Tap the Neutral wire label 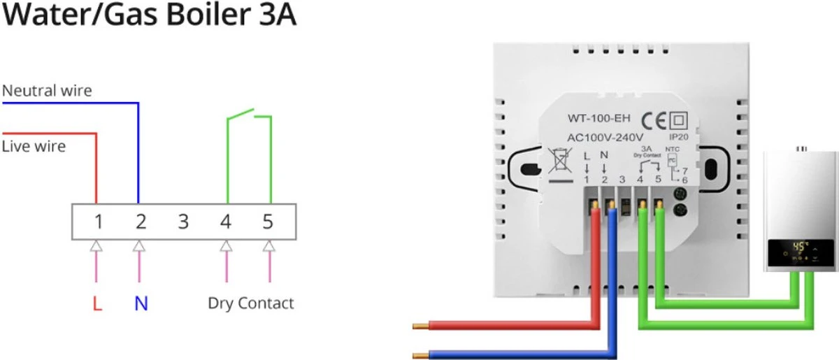[47, 91]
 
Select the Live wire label [34, 146]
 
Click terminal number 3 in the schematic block [183, 222]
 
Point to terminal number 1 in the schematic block [99, 222]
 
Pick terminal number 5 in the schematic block [268, 222]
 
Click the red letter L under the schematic [98, 304]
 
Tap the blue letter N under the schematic [141, 304]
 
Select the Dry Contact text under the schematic [251, 303]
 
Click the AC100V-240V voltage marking [605, 137]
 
